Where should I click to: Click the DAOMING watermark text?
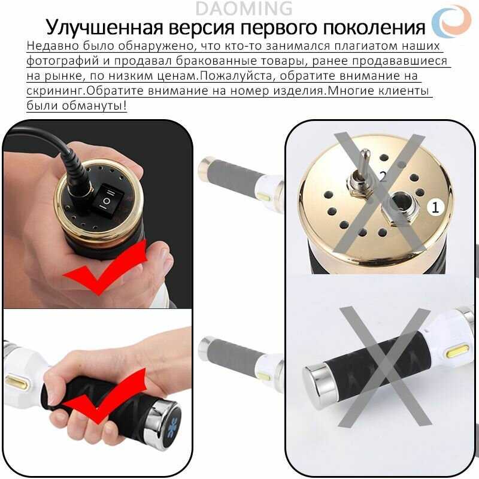(x=244, y=8)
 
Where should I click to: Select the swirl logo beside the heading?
(x=451, y=22)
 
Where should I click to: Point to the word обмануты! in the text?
(x=94, y=106)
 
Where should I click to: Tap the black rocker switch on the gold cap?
(x=107, y=200)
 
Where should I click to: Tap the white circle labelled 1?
(x=435, y=208)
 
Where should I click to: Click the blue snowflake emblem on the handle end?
(x=173, y=424)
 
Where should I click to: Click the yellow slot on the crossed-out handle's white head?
(x=457, y=351)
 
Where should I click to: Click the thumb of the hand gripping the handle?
(x=53, y=394)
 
